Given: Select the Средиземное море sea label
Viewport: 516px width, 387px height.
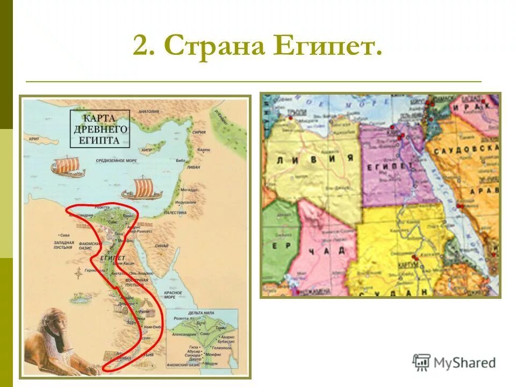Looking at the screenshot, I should tap(117, 160).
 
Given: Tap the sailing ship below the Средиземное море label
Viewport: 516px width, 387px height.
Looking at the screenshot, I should tap(141, 188).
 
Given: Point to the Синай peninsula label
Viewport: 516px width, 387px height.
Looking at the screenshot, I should tap(162, 246).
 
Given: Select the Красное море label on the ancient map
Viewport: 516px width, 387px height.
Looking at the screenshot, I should tap(173, 295).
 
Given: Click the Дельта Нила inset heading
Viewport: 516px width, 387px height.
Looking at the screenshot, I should tap(201, 312).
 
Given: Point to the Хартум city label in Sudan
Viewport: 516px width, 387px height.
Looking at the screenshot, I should tap(408, 266).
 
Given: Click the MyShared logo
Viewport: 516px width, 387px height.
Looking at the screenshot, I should tap(454, 362).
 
